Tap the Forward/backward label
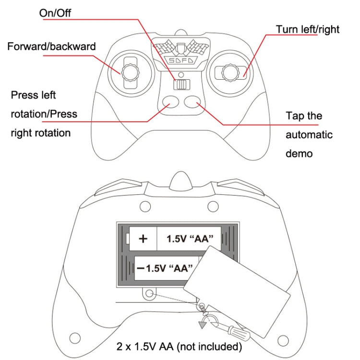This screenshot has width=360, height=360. click(x=51, y=47)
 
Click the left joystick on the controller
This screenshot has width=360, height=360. click(x=130, y=72)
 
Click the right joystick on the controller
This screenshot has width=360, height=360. click(x=228, y=72)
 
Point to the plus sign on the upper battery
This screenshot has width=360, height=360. click(x=143, y=239)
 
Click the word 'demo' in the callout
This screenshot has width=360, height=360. click(x=299, y=154)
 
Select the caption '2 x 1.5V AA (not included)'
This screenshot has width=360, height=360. click(x=179, y=346)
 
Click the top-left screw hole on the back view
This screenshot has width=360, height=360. click(x=143, y=206)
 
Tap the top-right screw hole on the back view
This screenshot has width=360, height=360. click(x=212, y=206)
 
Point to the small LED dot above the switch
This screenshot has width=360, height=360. click(x=180, y=75)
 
